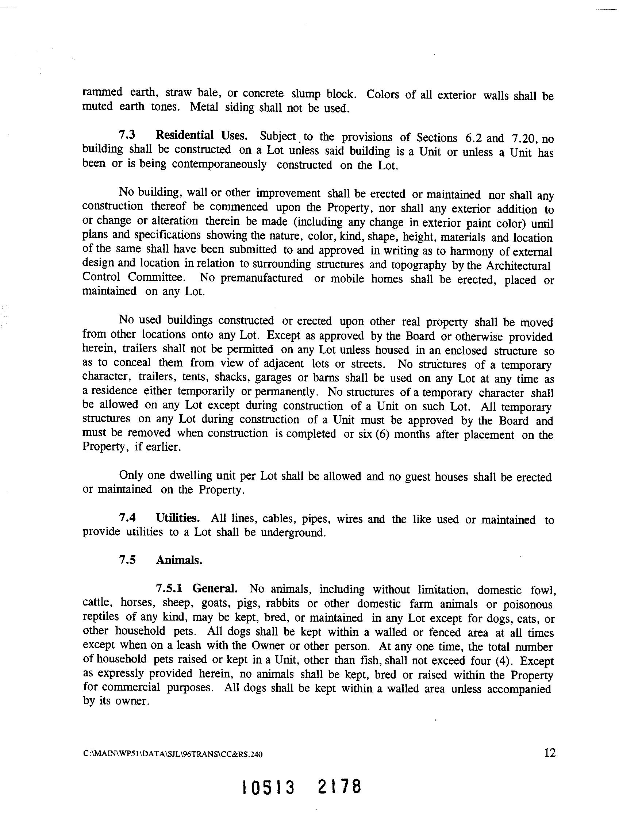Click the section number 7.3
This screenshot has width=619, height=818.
click(x=128, y=135)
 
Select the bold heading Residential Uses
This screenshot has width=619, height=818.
click(x=201, y=136)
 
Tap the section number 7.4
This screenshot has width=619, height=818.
click(x=128, y=518)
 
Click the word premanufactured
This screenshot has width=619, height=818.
click(x=261, y=278)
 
